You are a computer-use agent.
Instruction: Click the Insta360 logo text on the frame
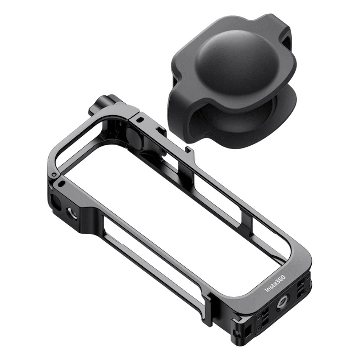click(275, 283)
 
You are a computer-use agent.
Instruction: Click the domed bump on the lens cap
click(236, 59)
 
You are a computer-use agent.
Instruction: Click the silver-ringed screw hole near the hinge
click(72, 213)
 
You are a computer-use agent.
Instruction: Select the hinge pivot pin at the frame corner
click(54, 174)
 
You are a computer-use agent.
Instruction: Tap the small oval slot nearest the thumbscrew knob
click(140, 119)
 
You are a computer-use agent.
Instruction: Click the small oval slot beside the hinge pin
click(62, 183)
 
